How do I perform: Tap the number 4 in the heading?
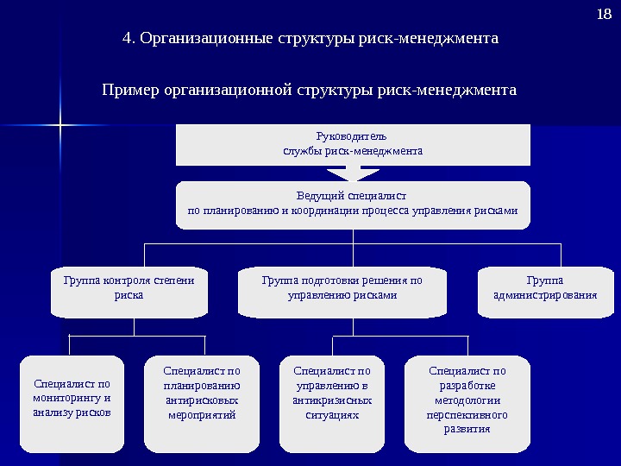coord(128,39)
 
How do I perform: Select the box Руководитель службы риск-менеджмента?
coord(353,144)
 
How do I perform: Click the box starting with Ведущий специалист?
coord(353,205)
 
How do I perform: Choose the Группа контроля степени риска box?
coord(129,292)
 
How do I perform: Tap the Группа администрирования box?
coord(544,292)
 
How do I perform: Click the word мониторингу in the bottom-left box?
coord(72,399)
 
